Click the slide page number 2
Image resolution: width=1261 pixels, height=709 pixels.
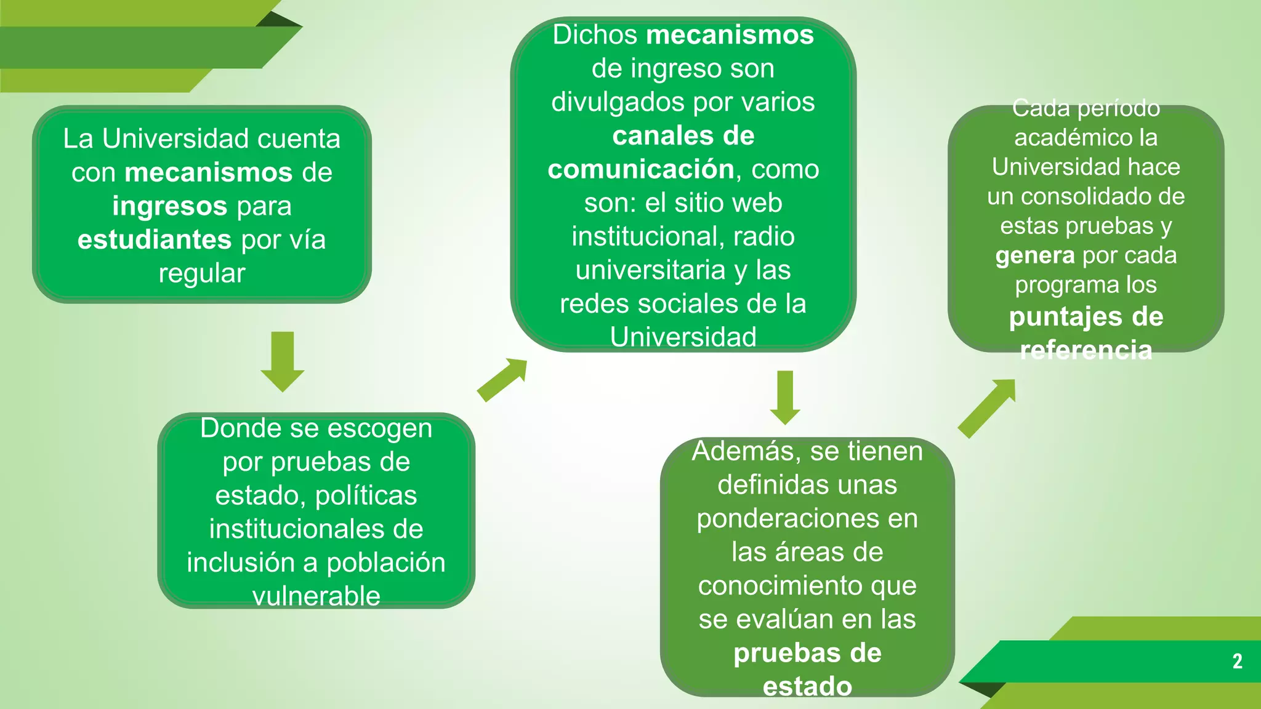coord(1237,661)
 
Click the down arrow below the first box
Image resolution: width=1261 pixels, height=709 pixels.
coord(283,361)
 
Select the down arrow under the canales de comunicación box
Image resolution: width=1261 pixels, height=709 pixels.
coord(785,397)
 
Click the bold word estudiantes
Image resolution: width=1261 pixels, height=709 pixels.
coord(155,239)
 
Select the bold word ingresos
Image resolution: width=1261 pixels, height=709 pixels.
coord(170,206)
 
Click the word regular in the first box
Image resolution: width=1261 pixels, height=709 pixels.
coord(202,273)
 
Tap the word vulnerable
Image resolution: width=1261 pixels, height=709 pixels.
coord(316,596)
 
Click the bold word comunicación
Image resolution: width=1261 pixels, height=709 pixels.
coord(641,169)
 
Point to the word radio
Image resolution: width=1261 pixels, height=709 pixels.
coord(763,236)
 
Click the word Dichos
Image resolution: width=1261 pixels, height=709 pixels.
coord(595,35)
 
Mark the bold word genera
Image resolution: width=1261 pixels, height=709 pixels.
coord(1035,255)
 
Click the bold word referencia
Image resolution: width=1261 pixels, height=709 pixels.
coord(1086,350)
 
